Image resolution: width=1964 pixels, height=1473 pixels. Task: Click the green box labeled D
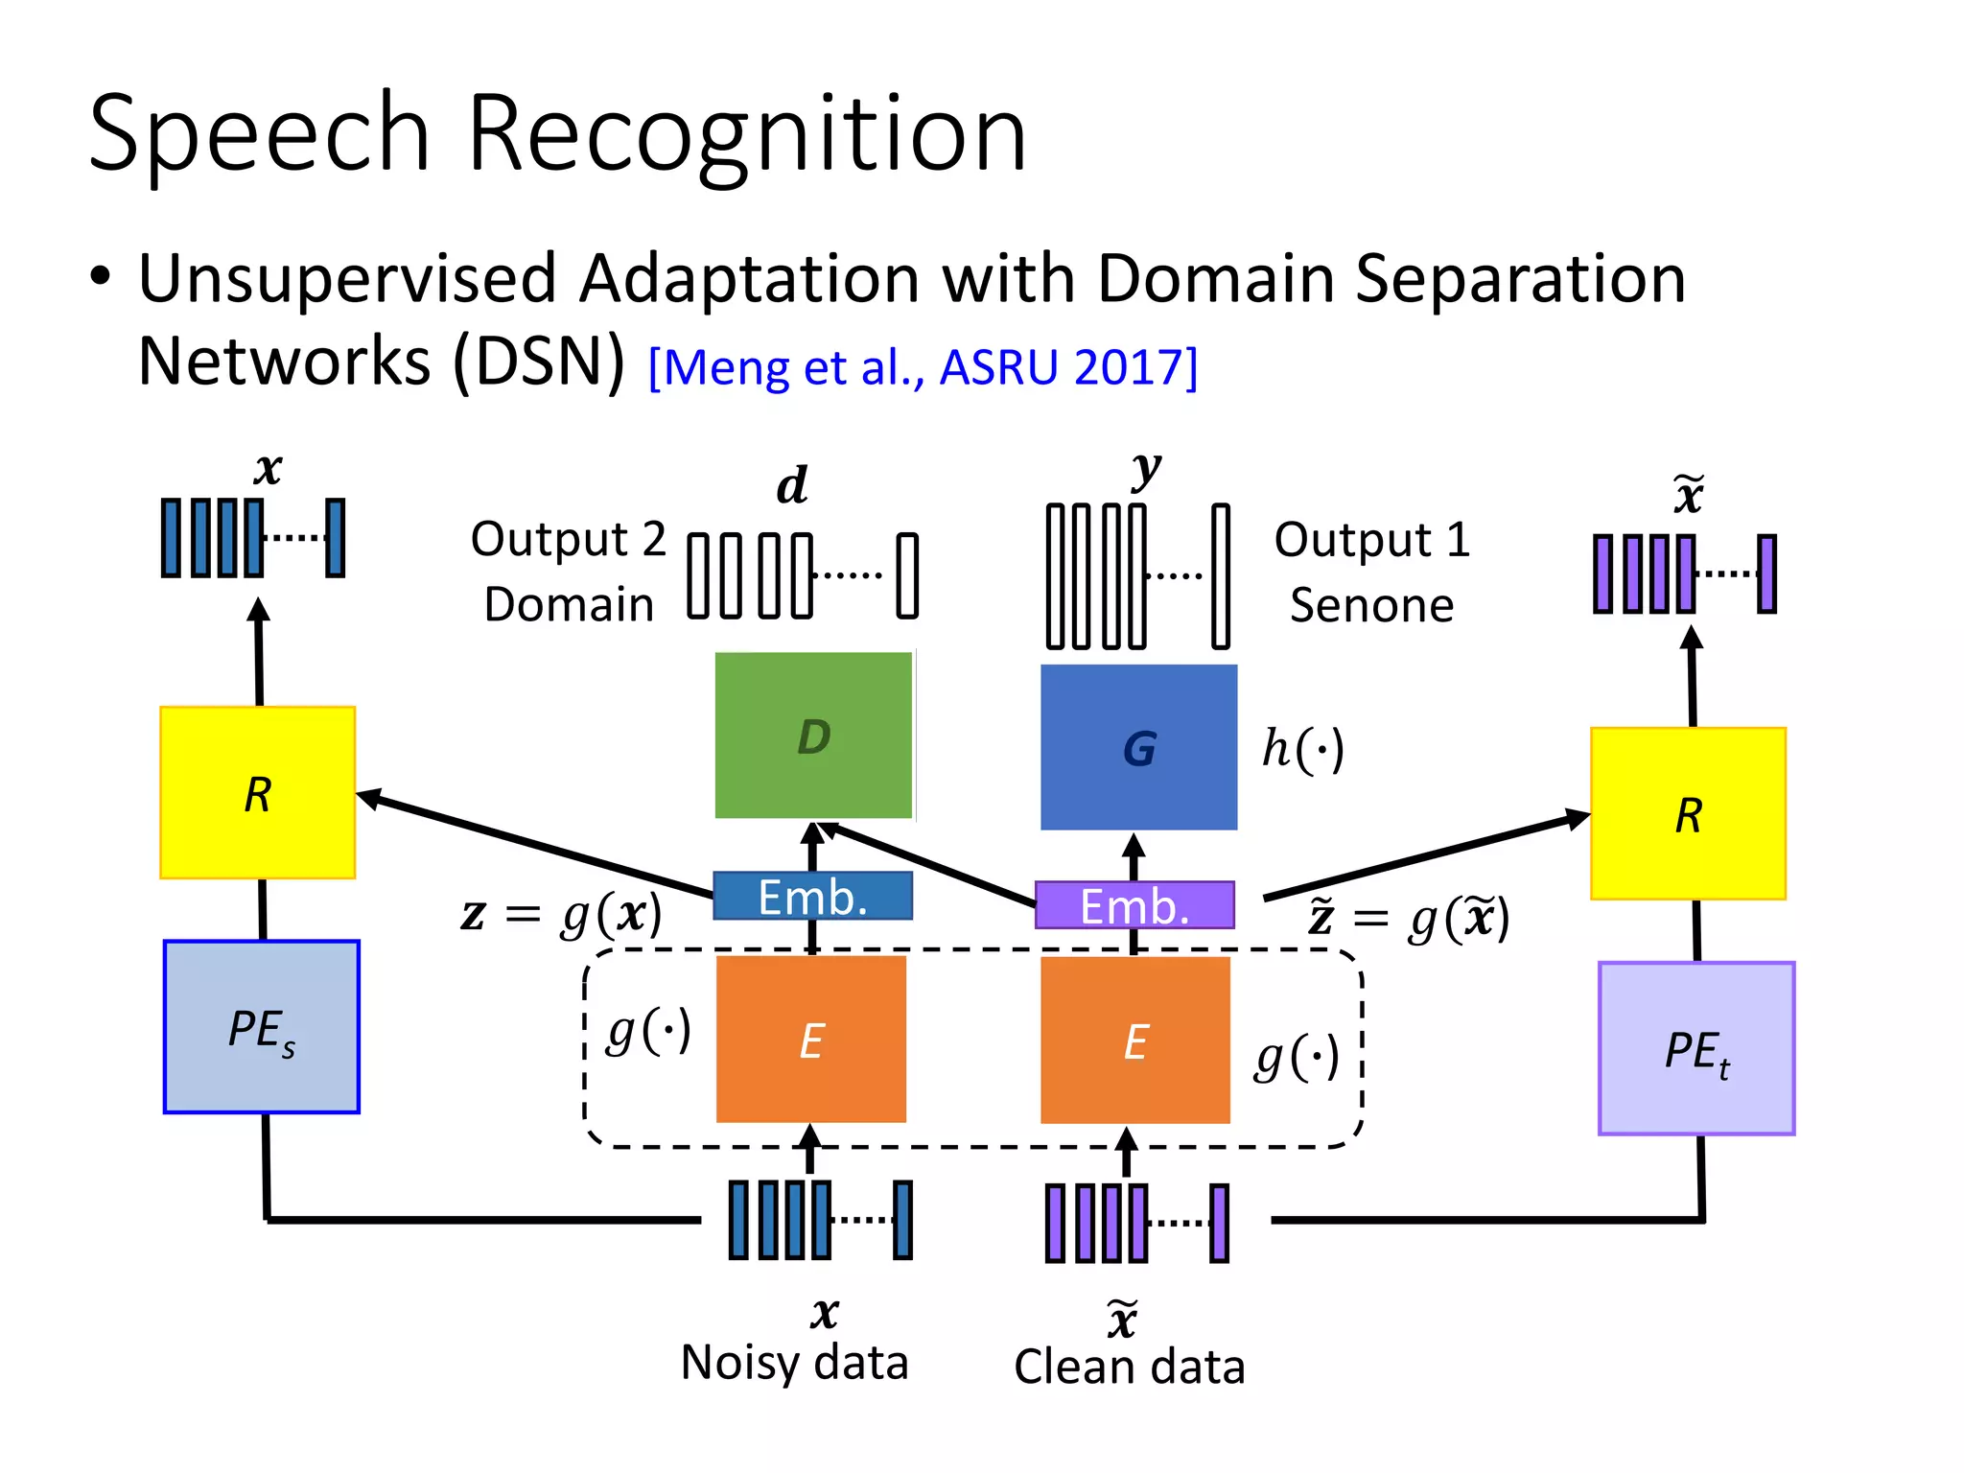point(813,736)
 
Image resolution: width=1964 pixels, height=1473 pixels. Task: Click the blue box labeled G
point(1138,747)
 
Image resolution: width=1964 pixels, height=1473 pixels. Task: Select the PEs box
point(261,1027)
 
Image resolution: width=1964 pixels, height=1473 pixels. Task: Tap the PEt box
point(1695,1048)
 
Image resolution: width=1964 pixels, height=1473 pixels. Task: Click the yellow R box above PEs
point(257,793)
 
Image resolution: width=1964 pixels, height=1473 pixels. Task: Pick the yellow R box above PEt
point(1688,814)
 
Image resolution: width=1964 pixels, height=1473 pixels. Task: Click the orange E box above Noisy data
point(811,1040)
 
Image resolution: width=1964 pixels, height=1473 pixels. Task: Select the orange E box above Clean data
point(1135,1040)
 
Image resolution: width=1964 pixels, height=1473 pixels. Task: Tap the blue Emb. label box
point(812,897)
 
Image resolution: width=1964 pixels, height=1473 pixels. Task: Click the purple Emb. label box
point(1134,905)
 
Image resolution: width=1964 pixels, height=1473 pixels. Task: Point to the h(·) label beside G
point(1302,749)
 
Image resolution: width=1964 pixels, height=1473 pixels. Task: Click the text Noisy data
point(794,1363)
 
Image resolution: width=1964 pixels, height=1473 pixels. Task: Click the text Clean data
point(1129,1367)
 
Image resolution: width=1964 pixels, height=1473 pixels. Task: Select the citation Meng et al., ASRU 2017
point(923,368)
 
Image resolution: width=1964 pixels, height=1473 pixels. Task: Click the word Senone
point(1371,605)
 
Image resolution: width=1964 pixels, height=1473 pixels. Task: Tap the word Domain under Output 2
point(569,604)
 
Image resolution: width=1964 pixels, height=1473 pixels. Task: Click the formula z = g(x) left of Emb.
point(562,914)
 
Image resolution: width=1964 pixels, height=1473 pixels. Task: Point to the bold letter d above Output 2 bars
point(792,485)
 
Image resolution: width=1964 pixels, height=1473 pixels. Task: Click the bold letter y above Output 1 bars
point(1145,470)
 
